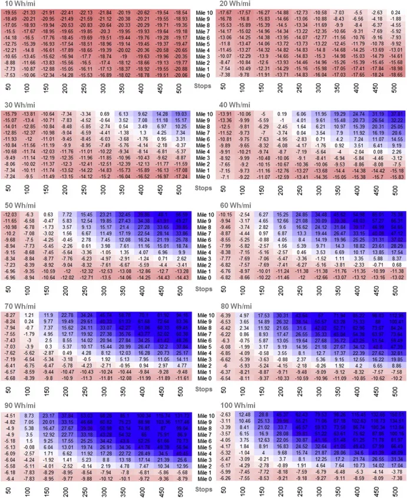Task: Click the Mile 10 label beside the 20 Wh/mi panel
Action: (x=202, y=12)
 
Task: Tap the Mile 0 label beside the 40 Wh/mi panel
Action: (x=202, y=176)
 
